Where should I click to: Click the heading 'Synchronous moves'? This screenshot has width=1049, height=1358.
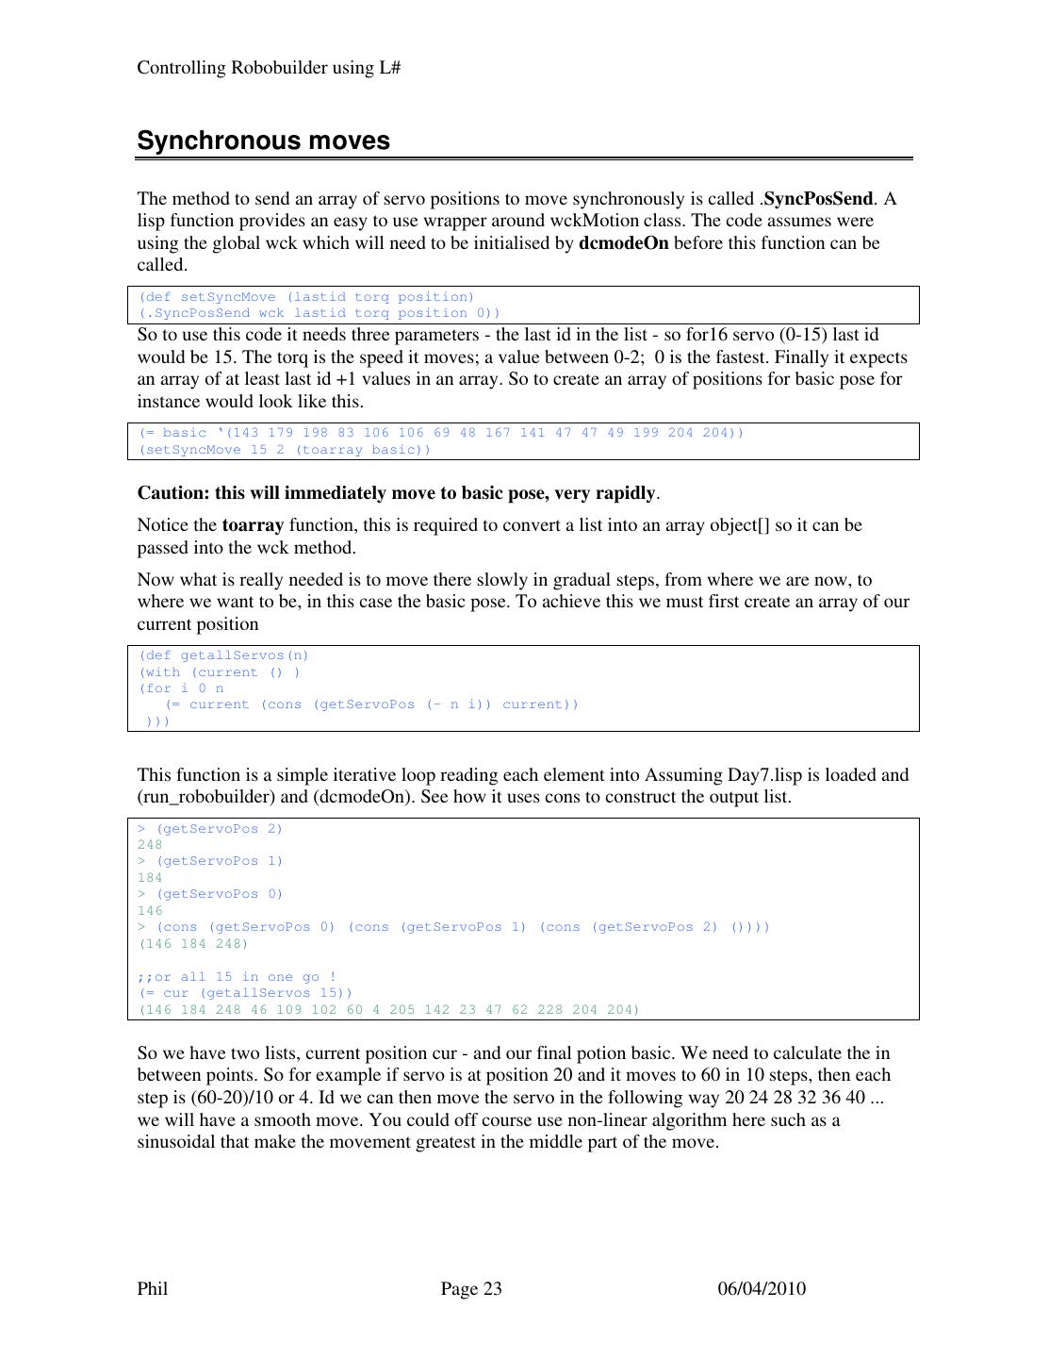click(263, 141)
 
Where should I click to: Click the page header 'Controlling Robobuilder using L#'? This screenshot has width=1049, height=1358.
click(270, 68)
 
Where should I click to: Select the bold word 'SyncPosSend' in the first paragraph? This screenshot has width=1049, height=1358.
click(818, 199)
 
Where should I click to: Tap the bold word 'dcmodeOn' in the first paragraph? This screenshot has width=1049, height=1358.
click(623, 243)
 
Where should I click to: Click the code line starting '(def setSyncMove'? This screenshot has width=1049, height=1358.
click(307, 297)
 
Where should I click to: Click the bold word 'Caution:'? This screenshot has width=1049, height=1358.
click(174, 493)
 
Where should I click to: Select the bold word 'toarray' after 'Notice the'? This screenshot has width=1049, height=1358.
click(253, 525)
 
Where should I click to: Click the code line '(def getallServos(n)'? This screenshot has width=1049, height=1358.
click(224, 655)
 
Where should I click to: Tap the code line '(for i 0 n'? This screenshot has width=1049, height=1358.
click(182, 688)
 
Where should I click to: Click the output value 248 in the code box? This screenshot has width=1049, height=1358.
click(150, 845)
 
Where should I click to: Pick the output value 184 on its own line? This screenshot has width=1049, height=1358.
click(150, 878)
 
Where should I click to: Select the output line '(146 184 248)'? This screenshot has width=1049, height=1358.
click(193, 944)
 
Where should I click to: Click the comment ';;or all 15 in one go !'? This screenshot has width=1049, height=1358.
click(237, 977)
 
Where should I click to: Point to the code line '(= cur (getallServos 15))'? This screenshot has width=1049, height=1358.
click(245, 993)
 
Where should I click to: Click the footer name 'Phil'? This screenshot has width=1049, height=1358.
click(153, 1289)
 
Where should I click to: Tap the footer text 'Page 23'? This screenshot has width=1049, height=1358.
click(471, 1289)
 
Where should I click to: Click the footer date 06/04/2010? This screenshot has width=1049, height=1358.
click(762, 1289)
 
